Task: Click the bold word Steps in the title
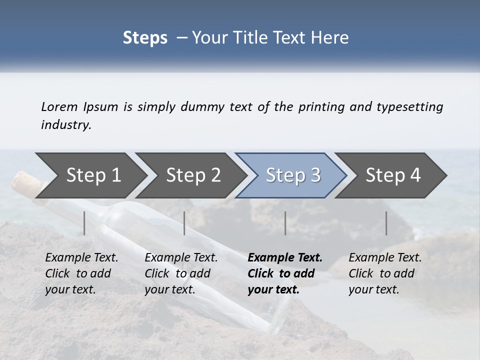coord(145,38)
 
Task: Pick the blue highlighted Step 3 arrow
coord(293,175)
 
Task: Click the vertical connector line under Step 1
coord(84,223)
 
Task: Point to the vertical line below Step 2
coord(184,223)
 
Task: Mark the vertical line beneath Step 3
coord(285,223)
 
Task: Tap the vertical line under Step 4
coord(386,223)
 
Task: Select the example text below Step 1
coord(81,273)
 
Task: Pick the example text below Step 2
coord(181,273)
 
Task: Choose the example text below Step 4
coord(385,273)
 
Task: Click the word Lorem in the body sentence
coord(59,107)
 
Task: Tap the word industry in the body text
coord(66,125)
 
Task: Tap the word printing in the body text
coord(320,107)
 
